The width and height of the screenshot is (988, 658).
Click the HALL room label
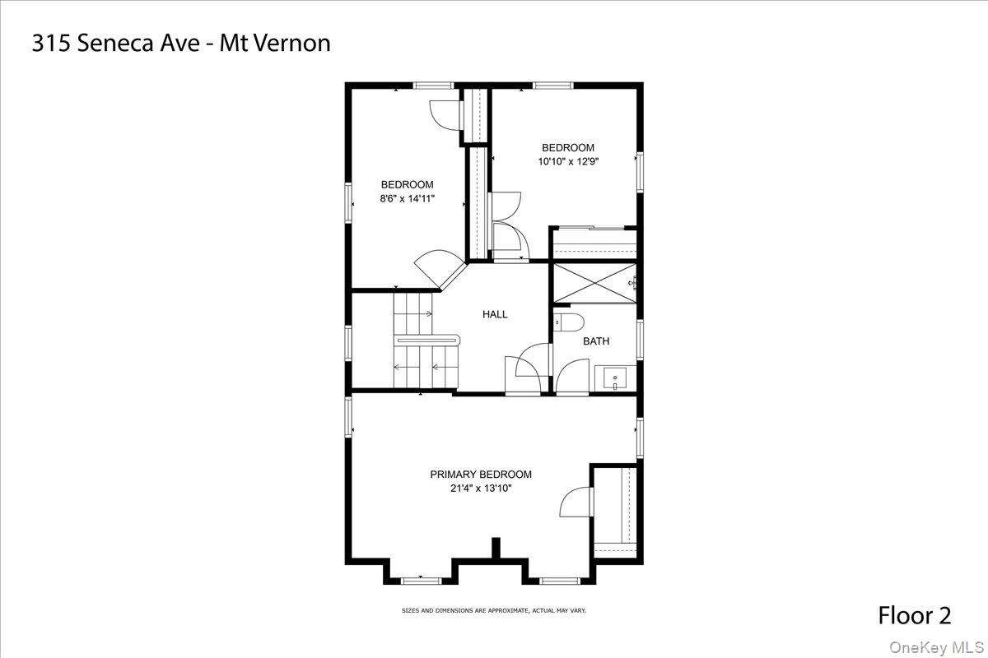[x=495, y=314]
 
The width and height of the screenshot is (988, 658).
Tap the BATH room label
[x=596, y=341]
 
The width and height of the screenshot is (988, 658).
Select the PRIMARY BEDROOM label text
[x=481, y=475]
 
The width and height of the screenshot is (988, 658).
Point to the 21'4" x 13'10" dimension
[x=481, y=489]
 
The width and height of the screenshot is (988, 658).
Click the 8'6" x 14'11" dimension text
[x=407, y=198]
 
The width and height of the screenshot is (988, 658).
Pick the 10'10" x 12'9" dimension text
[x=568, y=162]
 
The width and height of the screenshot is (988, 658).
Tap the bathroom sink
[x=614, y=378]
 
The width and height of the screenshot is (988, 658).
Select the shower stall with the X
[x=593, y=283]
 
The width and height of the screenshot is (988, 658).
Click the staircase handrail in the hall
[x=426, y=337]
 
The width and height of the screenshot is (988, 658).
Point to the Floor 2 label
[x=914, y=615]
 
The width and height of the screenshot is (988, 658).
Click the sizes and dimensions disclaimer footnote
[x=493, y=610]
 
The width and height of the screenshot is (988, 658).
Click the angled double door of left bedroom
[x=440, y=267]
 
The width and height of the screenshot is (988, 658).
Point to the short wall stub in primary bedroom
[x=496, y=548]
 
